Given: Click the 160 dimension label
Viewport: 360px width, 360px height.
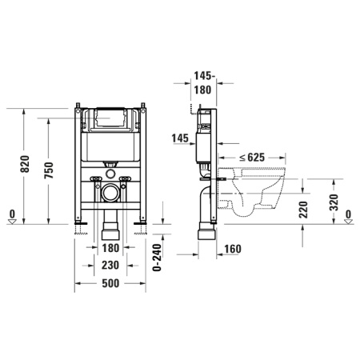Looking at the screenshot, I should click(x=233, y=248).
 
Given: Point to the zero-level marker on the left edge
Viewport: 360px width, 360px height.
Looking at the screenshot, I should click(x=11, y=214).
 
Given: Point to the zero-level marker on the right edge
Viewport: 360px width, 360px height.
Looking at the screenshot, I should click(x=350, y=214).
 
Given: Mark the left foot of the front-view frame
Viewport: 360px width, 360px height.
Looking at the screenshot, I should click(x=79, y=228).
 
